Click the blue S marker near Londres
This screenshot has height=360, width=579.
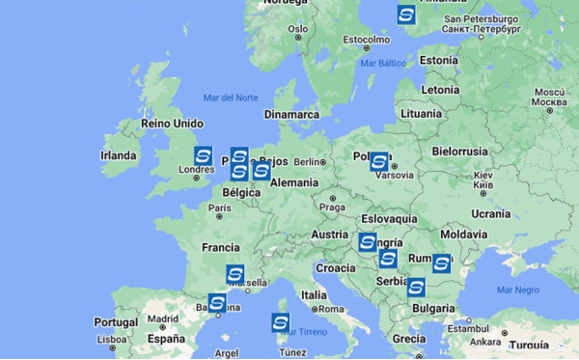(x=203, y=155)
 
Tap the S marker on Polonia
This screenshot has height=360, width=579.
(x=379, y=162)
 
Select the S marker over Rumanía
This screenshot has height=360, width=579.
(x=442, y=263)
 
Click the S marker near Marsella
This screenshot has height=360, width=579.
(x=234, y=274)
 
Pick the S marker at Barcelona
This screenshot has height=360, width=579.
(x=217, y=304)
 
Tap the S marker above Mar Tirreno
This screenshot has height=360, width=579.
(x=281, y=322)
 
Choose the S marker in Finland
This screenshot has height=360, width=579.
(x=406, y=14)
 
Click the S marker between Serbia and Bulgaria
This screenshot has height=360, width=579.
(x=416, y=287)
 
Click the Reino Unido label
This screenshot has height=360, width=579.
(x=172, y=124)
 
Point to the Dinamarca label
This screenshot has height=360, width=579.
(x=291, y=114)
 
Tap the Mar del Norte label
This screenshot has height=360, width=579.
(x=231, y=97)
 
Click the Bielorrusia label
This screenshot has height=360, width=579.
(x=462, y=152)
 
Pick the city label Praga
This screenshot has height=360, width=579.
(x=332, y=207)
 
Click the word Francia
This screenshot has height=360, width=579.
(x=220, y=248)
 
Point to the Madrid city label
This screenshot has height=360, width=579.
(x=164, y=318)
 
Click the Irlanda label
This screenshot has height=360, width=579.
(x=119, y=155)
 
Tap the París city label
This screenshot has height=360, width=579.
(x=220, y=208)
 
